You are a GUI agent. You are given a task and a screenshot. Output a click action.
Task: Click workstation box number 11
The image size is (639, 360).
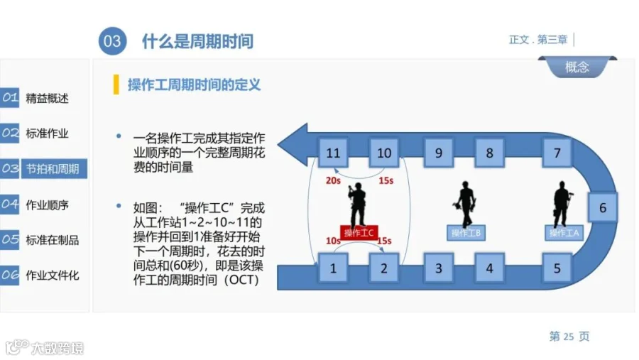[333, 153]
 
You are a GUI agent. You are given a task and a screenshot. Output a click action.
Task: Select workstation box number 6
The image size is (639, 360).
[602, 207]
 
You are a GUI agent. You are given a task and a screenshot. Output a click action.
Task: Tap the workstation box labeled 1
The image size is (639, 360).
[333, 268]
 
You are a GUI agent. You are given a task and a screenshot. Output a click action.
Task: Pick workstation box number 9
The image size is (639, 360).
[439, 153]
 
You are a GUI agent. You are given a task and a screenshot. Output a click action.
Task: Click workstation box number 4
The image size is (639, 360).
[489, 268]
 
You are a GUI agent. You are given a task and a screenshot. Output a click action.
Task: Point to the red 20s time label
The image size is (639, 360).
[333, 180]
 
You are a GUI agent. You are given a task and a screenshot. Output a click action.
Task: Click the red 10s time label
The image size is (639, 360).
[332, 241]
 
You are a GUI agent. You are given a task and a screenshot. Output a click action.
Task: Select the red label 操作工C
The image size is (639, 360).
[359, 233]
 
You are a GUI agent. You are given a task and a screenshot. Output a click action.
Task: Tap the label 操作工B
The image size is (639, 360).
[466, 233]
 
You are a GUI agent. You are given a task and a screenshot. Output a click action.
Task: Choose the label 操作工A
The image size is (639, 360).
[564, 233]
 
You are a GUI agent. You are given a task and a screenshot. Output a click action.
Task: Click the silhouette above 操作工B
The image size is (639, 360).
[465, 203]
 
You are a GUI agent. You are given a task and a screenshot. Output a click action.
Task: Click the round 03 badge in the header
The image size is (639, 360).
[112, 40]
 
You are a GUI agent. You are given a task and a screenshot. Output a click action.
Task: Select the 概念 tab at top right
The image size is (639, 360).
[577, 67]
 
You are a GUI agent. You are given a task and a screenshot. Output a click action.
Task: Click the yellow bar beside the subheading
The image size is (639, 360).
[116, 84]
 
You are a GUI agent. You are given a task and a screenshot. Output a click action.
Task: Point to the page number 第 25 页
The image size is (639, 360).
[569, 337]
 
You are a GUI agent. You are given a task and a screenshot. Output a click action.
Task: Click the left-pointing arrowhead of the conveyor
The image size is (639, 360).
[293, 145]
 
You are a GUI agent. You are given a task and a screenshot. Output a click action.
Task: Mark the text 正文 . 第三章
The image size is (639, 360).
[538, 40]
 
